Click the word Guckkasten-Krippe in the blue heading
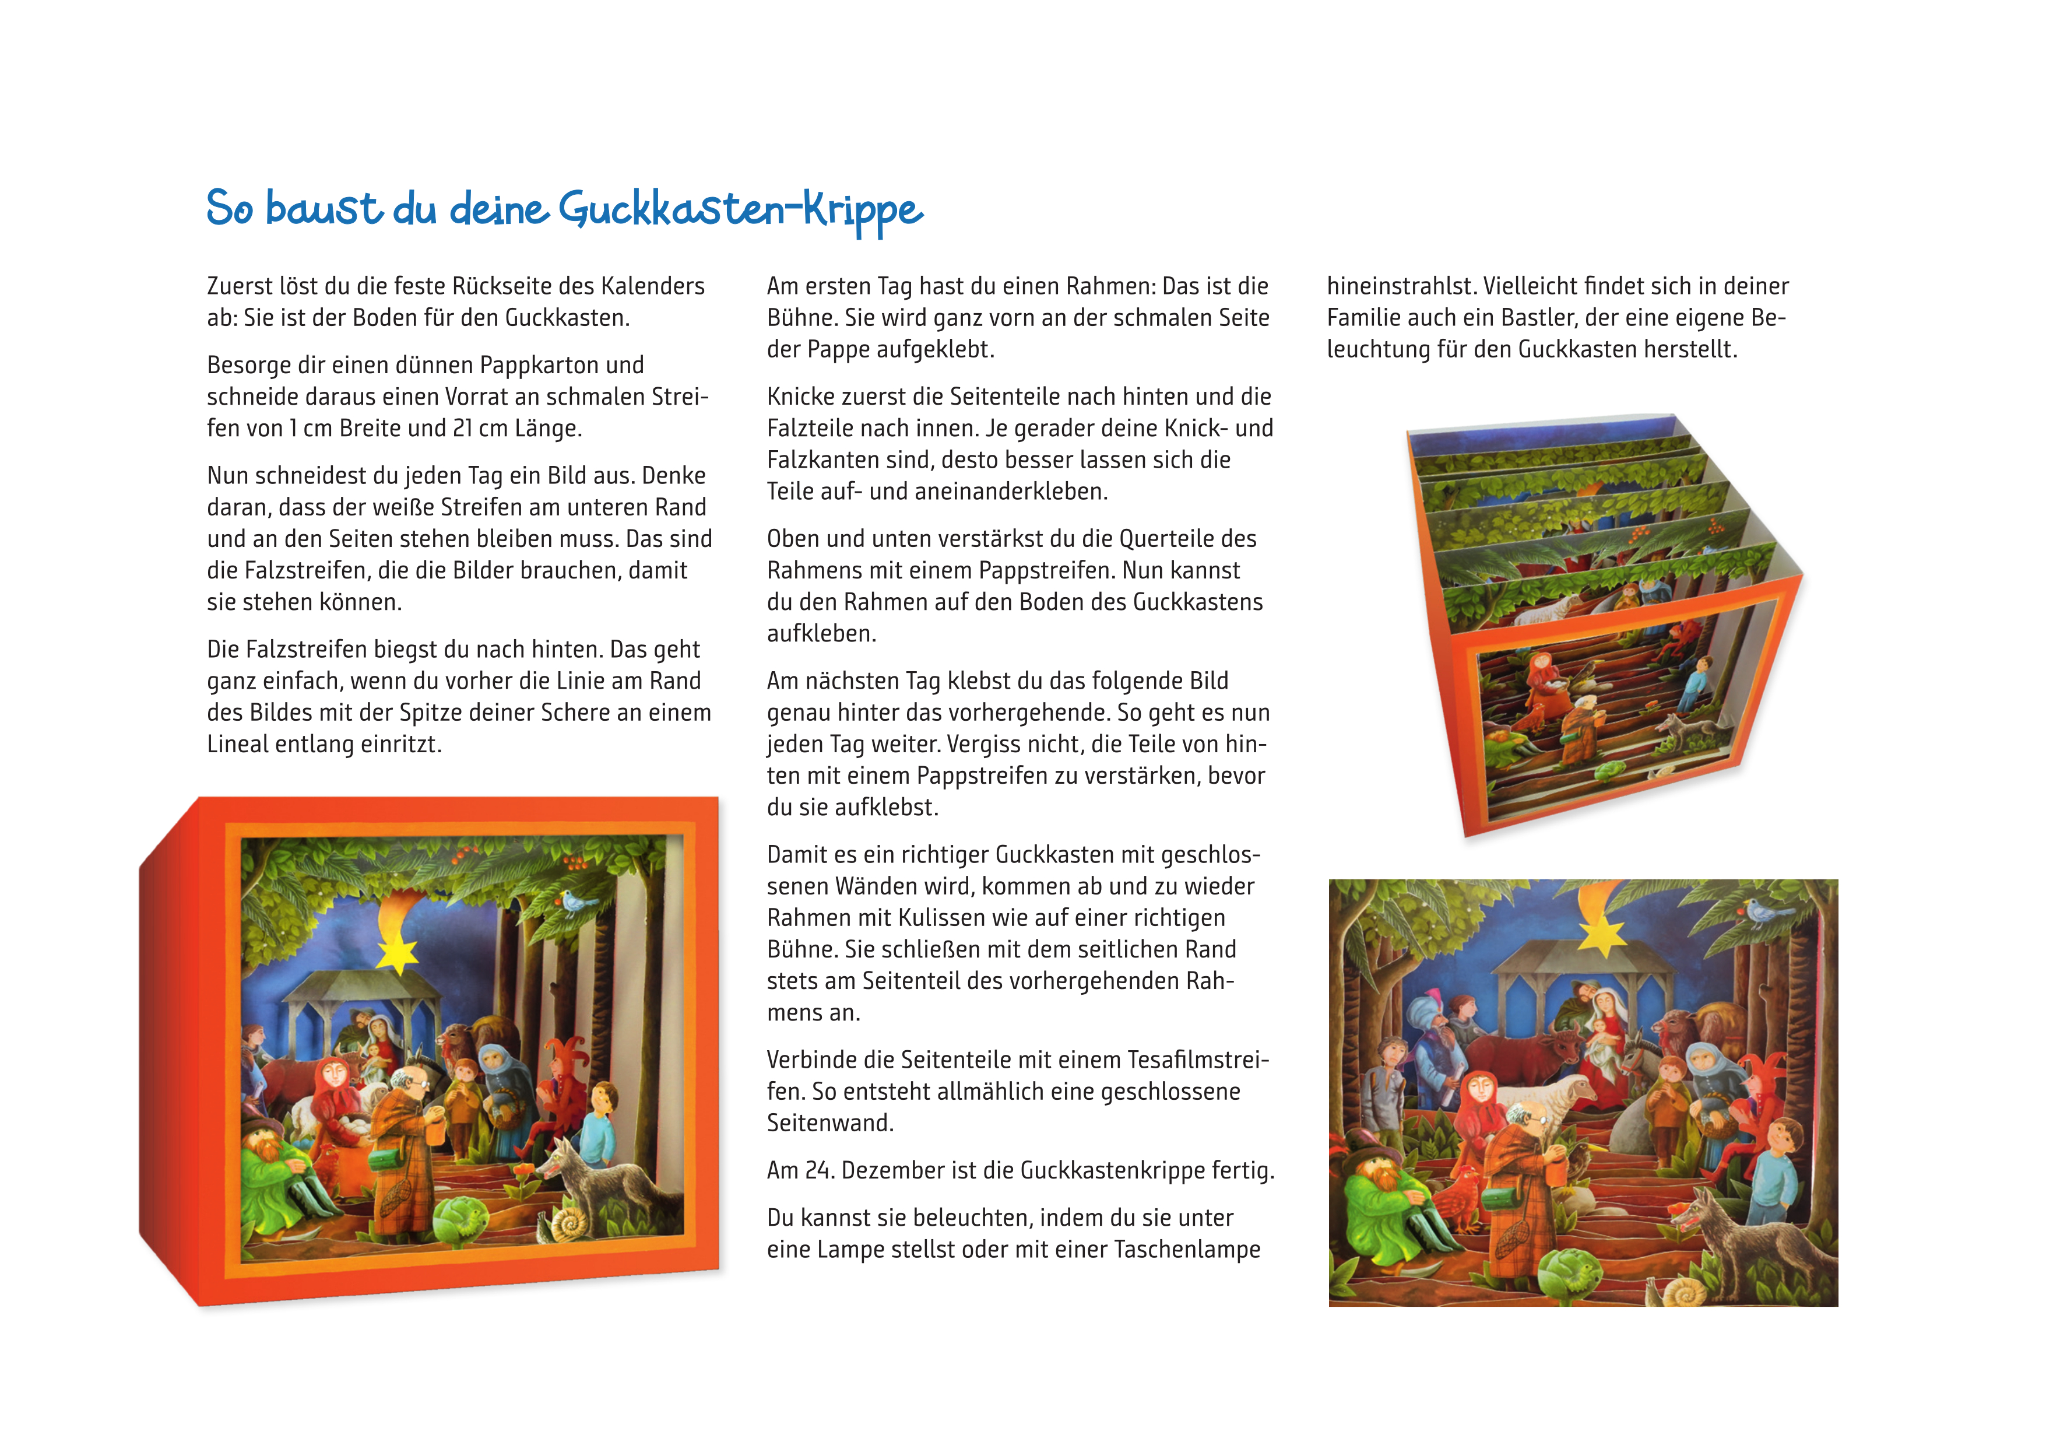point(740,209)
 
